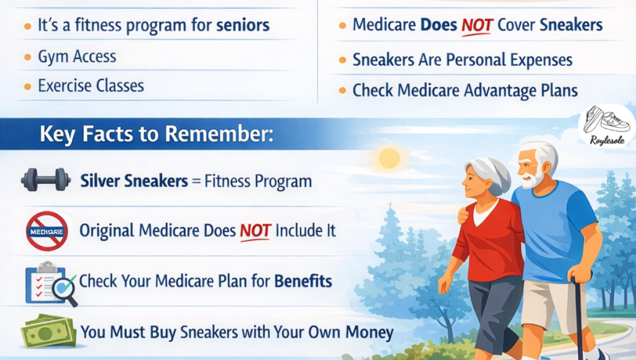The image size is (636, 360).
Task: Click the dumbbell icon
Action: point(46,179)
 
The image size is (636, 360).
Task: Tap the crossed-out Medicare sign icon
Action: point(47,231)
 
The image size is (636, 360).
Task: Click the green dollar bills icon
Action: point(48,331)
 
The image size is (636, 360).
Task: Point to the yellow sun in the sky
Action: point(389,158)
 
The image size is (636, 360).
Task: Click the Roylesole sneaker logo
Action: point(607,125)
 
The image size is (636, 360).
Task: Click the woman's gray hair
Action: point(489,174)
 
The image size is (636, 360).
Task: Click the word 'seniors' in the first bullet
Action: point(243,25)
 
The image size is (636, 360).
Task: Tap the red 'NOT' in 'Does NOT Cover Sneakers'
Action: point(477,25)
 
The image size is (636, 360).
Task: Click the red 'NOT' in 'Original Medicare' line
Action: point(255,231)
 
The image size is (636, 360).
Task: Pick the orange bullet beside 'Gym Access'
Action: point(27,56)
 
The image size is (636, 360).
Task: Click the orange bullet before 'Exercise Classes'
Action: point(27,86)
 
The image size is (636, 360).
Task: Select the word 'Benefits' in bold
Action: point(303,281)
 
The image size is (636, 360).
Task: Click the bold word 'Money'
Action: point(370,333)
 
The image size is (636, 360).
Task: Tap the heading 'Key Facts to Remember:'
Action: point(157,134)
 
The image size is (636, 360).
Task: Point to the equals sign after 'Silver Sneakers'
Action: point(196,181)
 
